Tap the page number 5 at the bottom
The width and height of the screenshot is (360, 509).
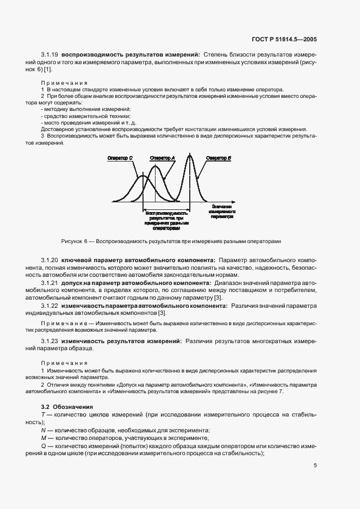(315, 465)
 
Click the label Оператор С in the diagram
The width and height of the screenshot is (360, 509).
(120, 158)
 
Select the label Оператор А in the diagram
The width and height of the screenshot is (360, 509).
(162, 158)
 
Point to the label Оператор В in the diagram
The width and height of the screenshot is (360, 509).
(219, 158)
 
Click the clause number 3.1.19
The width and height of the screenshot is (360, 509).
(50, 55)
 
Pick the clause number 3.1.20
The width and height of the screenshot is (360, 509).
(50, 260)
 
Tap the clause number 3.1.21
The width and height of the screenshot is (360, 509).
(50, 283)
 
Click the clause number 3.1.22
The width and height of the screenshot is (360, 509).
(50, 306)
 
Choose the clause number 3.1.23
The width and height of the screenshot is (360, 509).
(50, 340)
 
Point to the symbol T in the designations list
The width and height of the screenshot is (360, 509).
(42, 414)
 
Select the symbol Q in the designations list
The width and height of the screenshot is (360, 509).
(43, 446)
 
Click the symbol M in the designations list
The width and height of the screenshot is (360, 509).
(43, 438)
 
